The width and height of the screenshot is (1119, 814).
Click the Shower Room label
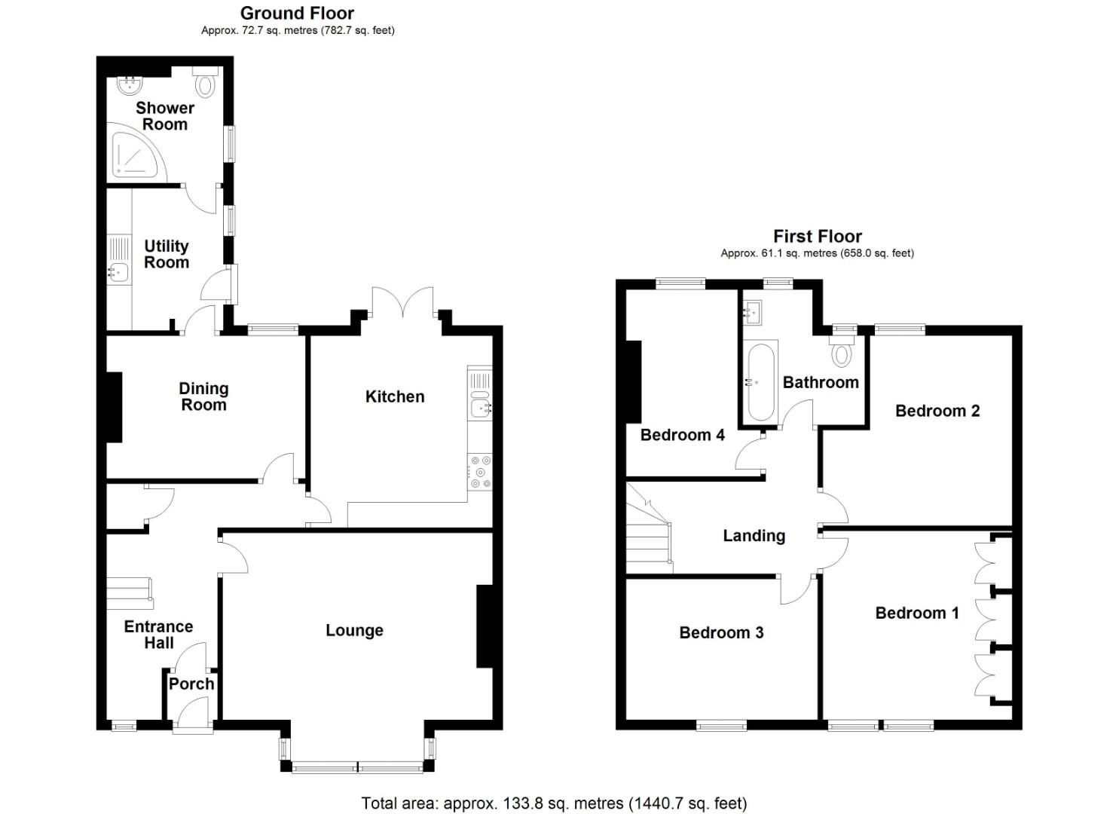click(x=165, y=116)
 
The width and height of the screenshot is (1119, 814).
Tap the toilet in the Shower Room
click(x=205, y=81)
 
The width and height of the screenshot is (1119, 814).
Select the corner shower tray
click(x=136, y=151)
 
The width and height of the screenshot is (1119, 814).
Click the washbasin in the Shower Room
click(x=131, y=85)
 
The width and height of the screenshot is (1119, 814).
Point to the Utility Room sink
click(x=118, y=272)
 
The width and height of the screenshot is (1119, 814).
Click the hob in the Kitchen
click(x=480, y=471)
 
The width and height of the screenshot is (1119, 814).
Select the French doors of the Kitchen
click(x=402, y=301)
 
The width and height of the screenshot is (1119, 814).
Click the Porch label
click(x=191, y=684)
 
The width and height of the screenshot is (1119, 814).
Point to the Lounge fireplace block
click(x=485, y=626)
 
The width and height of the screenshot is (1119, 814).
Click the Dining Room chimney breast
click(x=115, y=407)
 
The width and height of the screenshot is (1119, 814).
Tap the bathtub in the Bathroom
click(x=760, y=382)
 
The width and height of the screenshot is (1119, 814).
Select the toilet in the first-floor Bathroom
click(x=842, y=350)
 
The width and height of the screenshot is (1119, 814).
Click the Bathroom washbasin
click(x=752, y=313)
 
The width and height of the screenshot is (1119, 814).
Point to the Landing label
click(x=754, y=536)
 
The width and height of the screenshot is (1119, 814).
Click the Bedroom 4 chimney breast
click(x=634, y=382)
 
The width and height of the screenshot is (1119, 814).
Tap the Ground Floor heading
click(x=297, y=13)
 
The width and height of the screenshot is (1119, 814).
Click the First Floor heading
click(x=818, y=236)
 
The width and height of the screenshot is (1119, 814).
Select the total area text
click(x=554, y=803)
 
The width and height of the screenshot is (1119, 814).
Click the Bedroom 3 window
click(x=722, y=726)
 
